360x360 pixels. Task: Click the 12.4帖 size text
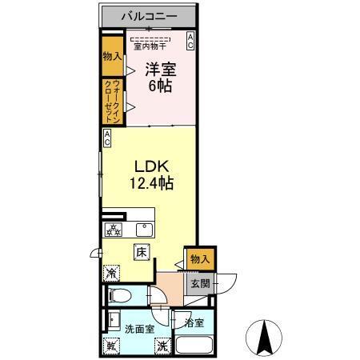point(150,183)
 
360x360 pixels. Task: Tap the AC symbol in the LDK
point(106,138)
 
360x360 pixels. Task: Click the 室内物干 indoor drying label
point(150,46)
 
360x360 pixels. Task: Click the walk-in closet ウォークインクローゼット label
point(110,101)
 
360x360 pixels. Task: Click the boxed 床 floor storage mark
point(140,253)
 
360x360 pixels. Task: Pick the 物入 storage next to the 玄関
point(201,258)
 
